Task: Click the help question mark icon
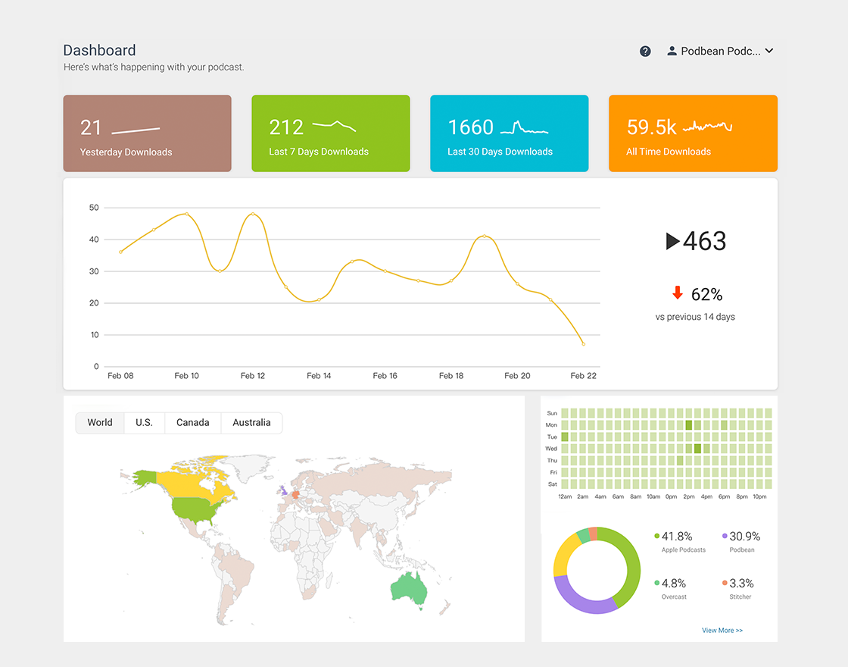coord(645,52)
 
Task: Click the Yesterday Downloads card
coord(147,133)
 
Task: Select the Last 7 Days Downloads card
coord(330,133)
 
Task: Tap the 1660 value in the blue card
coord(470,127)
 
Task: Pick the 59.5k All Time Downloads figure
coord(651,127)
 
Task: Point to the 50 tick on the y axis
coord(94,208)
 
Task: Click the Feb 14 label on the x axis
coord(319,376)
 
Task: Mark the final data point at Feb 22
coord(583,344)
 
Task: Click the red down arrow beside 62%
coord(678,293)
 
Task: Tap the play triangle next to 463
coord(672,241)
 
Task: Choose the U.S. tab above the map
coord(144,423)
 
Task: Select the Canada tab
coord(192,423)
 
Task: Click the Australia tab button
coord(251,423)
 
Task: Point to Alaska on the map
coord(145,478)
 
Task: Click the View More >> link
coord(722,631)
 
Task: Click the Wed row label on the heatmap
coord(551,449)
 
